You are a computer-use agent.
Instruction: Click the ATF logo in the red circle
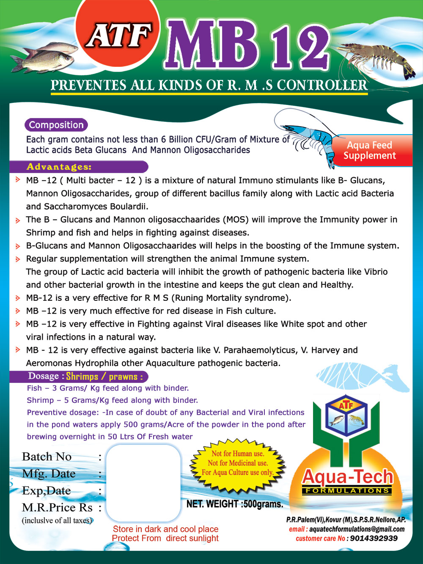(119, 36)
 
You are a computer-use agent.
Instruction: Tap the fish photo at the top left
(44, 57)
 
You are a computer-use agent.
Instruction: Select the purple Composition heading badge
(56, 125)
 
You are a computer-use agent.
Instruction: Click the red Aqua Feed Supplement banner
(370, 150)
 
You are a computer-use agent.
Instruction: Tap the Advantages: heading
(59, 167)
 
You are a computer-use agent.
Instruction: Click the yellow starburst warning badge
(237, 463)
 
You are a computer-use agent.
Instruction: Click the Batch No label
(47, 457)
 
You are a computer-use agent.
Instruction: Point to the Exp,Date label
(47, 490)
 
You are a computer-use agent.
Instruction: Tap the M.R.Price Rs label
(57, 507)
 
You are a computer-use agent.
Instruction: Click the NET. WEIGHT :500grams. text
(235, 504)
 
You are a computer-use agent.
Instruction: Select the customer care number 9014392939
(374, 538)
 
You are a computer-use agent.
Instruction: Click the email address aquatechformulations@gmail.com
(357, 529)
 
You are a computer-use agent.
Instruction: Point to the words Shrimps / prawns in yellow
(104, 376)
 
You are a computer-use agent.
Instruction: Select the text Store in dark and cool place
(165, 529)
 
